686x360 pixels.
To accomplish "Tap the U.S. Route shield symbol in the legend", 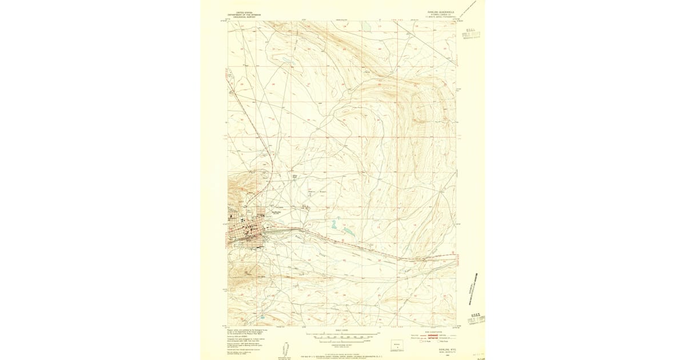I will tap(421, 341).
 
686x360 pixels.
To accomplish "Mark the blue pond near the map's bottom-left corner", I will tap(262, 317).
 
